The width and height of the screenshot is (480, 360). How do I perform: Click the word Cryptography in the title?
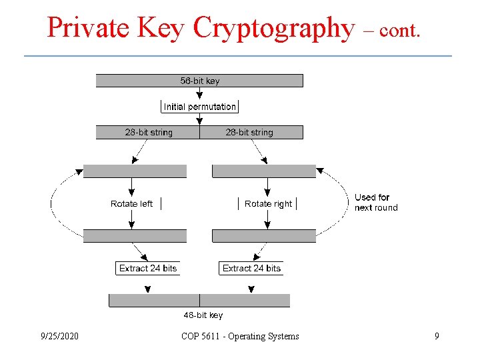click(273, 28)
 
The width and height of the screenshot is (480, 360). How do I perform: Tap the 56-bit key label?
click(199, 81)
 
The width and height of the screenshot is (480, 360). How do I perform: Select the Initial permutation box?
click(199, 107)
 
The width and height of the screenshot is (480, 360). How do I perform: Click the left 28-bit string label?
click(149, 132)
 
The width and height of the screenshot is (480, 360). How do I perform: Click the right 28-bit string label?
click(249, 132)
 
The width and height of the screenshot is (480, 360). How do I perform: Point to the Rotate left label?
click(131, 203)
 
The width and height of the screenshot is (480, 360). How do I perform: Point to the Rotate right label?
click(268, 203)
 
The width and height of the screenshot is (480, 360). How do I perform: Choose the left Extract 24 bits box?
click(148, 268)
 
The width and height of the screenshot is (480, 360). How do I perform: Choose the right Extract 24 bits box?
click(251, 268)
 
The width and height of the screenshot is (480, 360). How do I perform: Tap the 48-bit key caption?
click(203, 315)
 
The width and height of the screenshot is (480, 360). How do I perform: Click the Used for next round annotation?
click(376, 202)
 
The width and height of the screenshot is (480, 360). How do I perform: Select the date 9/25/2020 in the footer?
click(59, 336)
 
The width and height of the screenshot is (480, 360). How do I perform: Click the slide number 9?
click(437, 336)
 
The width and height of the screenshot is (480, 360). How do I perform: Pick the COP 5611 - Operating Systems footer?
click(240, 336)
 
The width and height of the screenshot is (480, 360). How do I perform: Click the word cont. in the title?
click(401, 31)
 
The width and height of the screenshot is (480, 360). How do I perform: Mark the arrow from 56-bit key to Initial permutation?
click(199, 93)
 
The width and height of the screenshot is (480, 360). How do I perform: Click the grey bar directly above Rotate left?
click(135, 171)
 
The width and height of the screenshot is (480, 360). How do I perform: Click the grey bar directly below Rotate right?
click(263, 235)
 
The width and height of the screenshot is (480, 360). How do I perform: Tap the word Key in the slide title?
click(163, 28)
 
